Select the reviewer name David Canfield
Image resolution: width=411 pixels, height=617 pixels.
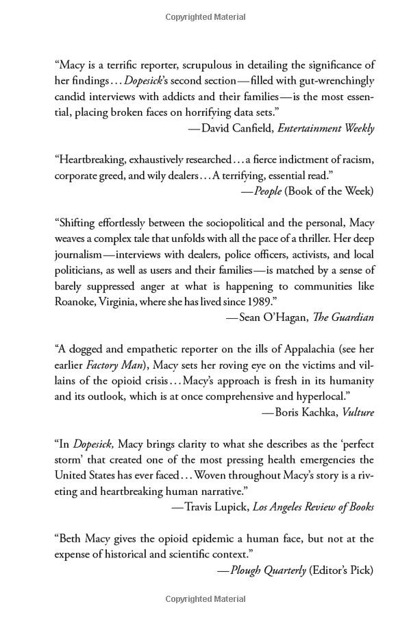pyautogui.click(x=233, y=128)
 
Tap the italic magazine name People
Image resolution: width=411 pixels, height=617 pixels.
pyautogui.click(x=268, y=191)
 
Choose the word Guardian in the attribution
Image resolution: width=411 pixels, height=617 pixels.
pyautogui.click(x=354, y=317)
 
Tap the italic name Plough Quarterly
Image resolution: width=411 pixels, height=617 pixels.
pyautogui.click(x=269, y=570)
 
